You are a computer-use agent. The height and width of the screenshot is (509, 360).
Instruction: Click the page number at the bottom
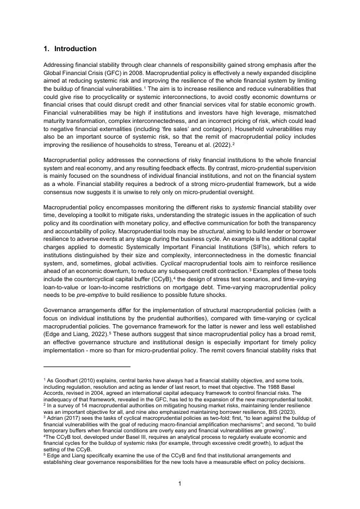[x=180, y=483]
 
